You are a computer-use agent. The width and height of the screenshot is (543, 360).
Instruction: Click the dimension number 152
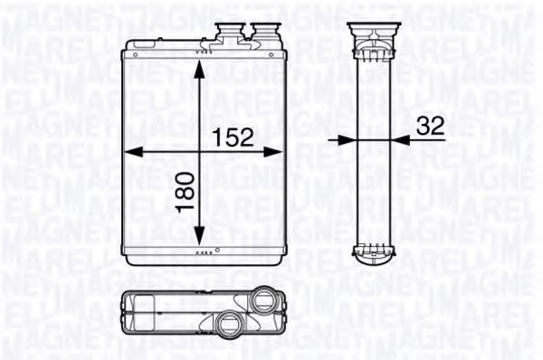[x=233, y=138]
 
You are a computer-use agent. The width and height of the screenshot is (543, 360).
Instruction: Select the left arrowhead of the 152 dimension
[x=128, y=153]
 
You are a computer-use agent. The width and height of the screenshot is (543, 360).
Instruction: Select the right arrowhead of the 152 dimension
[x=271, y=153]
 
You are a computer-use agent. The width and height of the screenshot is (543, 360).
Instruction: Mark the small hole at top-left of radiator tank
[x=134, y=55]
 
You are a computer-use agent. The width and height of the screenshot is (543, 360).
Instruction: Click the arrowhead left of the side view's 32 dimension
[x=345, y=140]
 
